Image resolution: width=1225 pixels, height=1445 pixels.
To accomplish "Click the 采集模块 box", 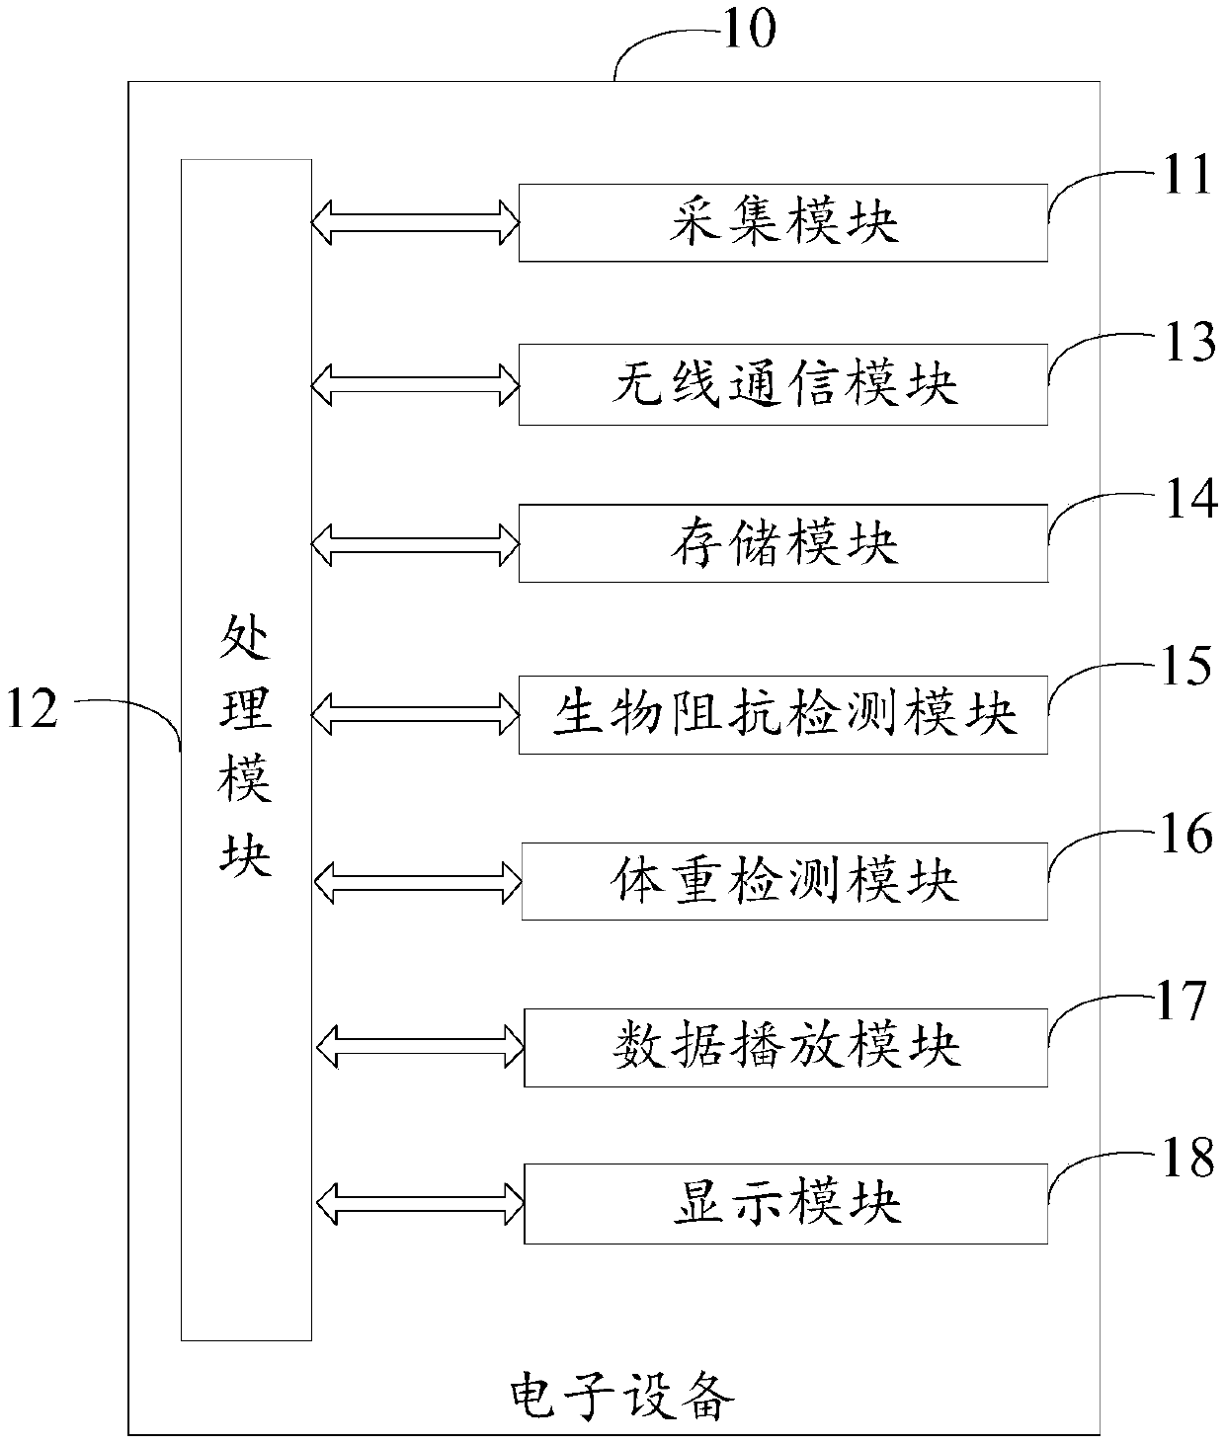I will coord(782,222).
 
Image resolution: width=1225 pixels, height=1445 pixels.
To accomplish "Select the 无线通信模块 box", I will coord(782,384).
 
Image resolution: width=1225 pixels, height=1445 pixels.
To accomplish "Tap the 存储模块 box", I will coord(782,543).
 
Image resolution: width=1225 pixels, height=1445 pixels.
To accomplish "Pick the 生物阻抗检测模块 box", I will coord(782,714).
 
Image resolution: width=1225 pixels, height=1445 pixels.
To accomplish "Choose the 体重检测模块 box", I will coord(783,881).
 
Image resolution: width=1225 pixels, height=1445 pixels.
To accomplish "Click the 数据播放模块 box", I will coord(784,1047).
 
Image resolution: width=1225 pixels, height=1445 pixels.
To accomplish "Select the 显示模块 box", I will coord(784,1203).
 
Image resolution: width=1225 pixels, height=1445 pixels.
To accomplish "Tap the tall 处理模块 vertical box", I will coord(246,749).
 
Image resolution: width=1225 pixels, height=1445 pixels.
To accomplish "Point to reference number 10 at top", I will coord(749,30).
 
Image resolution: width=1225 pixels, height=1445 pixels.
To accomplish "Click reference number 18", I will coord(1185,1158).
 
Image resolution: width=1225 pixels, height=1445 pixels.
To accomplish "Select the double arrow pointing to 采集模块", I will coord(415,221).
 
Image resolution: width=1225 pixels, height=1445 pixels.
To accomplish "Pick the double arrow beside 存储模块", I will coord(415,543).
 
